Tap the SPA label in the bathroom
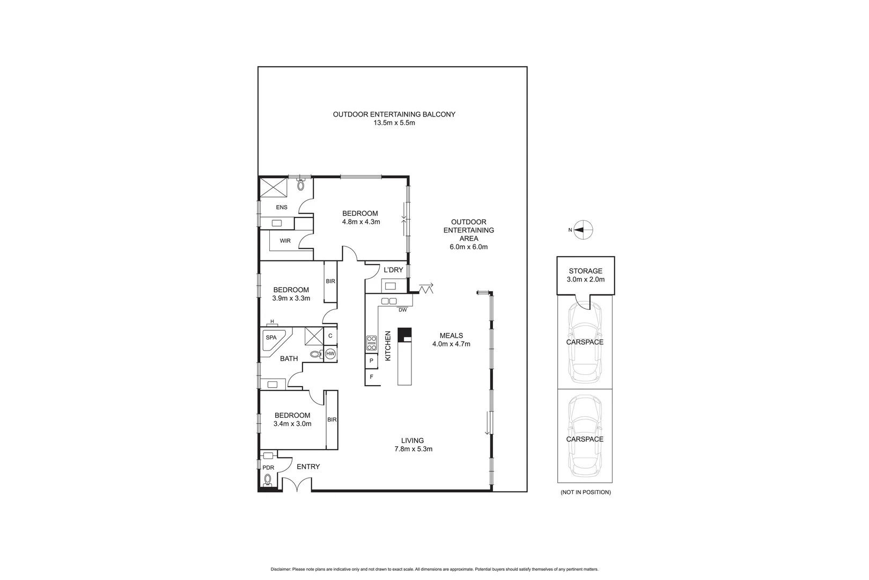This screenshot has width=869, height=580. pyautogui.click(x=271, y=337)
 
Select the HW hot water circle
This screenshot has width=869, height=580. pyautogui.click(x=330, y=353)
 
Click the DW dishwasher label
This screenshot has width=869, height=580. pyautogui.click(x=402, y=310)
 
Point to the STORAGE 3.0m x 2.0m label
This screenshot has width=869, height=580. pyautogui.click(x=585, y=275)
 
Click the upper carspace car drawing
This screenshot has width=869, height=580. pyautogui.click(x=585, y=342)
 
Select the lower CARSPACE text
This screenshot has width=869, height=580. pyautogui.click(x=585, y=439)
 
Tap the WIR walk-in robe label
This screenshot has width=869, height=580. pyautogui.click(x=285, y=241)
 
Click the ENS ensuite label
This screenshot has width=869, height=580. pyautogui.click(x=281, y=207)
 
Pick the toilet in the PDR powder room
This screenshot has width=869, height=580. pyautogui.click(x=268, y=480)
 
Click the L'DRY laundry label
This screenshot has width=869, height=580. pyautogui.click(x=393, y=270)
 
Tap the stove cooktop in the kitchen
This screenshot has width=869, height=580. pyautogui.click(x=371, y=343)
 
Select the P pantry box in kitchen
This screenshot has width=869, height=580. pyautogui.click(x=371, y=361)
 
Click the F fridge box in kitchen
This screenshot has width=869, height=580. pyautogui.click(x=371, y=377)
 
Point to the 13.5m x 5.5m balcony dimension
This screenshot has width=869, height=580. pyautogui.click(x=394, y=122)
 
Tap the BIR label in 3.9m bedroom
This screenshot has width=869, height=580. pyautogui.click(x=330, y=281)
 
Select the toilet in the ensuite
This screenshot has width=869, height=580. pyautogui.click(x=301, y=185)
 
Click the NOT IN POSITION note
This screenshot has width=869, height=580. pyautogui.click(x=585, y=492)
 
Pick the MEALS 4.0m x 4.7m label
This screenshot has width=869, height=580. pyautogui.click(x=451, y=340)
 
